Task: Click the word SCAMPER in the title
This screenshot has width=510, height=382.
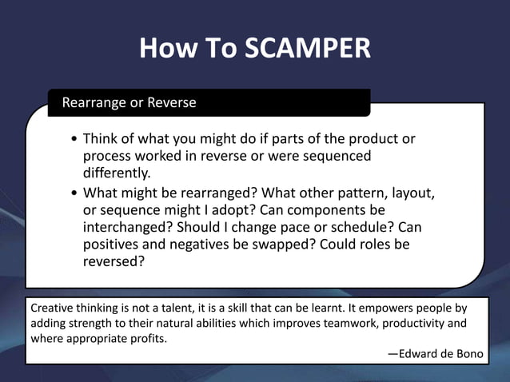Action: click(x=308, y=49)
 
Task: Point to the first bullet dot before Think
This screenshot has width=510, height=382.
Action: click(x=74, y=139)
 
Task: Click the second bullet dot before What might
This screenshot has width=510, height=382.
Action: click(x=74, y=193)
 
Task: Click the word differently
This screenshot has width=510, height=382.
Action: click(x=117, y=173)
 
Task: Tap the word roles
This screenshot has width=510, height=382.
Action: click(x=369, y=244)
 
